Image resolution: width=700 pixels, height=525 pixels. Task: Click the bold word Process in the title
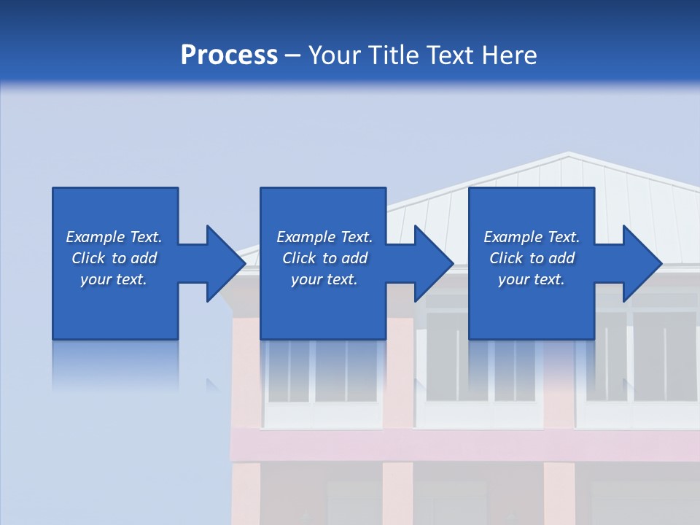tap(229, 55)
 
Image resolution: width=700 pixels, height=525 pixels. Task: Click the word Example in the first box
tap(96, 237)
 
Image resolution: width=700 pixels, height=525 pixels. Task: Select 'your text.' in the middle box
tap(324, 279)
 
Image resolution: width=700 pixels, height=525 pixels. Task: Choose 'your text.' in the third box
tap(531, 279)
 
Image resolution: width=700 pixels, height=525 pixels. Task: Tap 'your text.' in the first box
tap(113, 279)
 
